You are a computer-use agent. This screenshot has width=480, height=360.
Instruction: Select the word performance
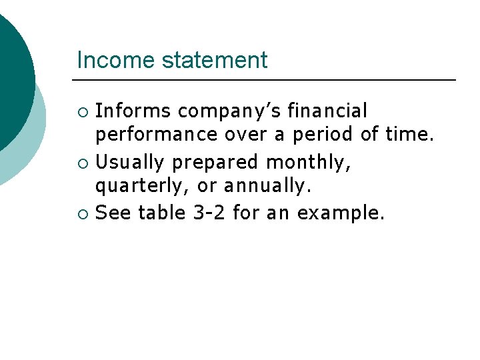[156, 135]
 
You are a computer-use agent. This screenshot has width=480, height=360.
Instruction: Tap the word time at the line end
[409, 135]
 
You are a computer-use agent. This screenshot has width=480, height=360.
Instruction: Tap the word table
[162, 213]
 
